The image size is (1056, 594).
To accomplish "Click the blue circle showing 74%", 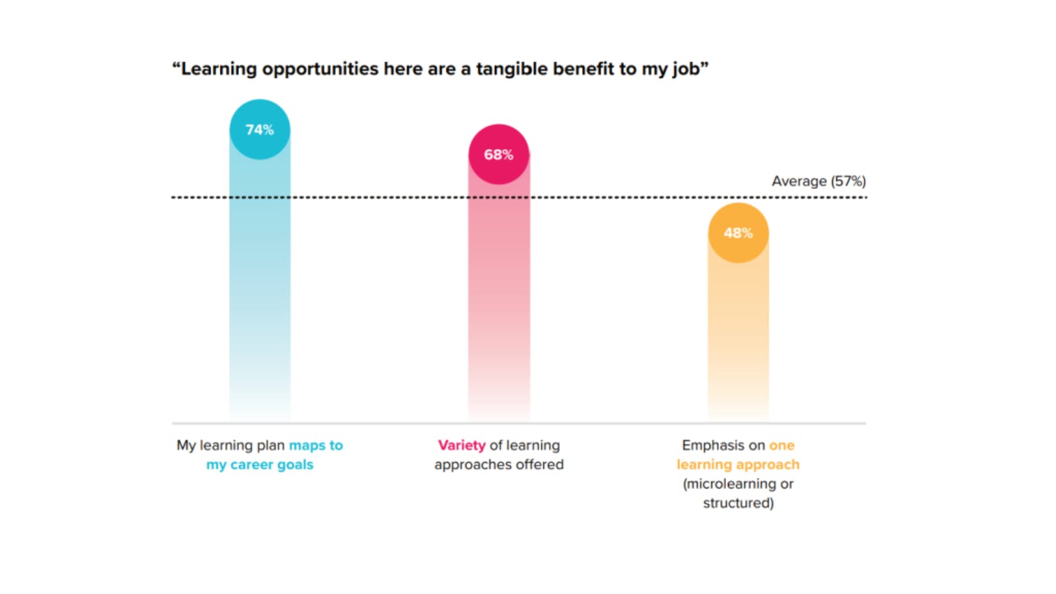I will coord(259,129).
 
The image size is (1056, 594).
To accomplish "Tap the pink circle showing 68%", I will coord(498,154).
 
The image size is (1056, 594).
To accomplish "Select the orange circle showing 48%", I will coord(738,233).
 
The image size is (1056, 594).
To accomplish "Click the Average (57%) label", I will coord(818,181).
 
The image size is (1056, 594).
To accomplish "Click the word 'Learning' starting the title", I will coord(218,69).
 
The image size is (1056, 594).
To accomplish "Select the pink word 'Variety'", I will coord(461,445).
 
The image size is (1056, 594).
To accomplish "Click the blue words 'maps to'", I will coord(315,445).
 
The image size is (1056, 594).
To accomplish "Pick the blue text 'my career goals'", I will coord(259,465).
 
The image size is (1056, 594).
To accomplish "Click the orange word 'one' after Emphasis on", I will coord(781,445).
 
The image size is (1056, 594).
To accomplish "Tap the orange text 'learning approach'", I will coord(738,465).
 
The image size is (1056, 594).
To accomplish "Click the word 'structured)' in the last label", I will coord(738,503).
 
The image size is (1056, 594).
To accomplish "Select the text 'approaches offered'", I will coord(499,465).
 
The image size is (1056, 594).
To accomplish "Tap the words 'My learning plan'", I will coord(230,445).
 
